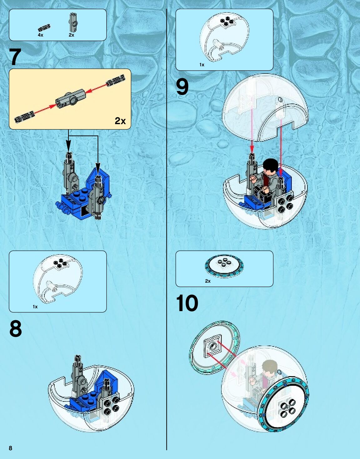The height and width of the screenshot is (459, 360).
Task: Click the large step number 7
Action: click(x=15, y=57)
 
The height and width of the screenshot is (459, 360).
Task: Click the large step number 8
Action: click(x=16, y=329)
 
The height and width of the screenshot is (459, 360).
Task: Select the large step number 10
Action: click(x=187, y=303)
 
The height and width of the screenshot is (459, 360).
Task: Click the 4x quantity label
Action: click(x=40, y=35)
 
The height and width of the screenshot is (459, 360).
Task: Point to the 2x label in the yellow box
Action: click(x=120, y=121)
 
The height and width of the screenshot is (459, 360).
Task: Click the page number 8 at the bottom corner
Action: click(x=11, y=448)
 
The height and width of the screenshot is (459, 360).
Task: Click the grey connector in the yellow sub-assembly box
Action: click(x=71, y=97)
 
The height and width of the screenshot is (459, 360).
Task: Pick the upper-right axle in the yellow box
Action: click(x=116, y=80)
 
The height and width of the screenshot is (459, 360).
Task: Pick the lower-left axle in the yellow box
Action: click(x=24, y=117)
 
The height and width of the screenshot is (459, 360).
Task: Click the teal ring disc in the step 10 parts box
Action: click(x=224, y=265)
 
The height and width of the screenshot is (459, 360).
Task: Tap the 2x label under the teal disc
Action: click(x=208, y=281)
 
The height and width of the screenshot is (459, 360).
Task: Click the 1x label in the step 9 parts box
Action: click(x=202, y=65)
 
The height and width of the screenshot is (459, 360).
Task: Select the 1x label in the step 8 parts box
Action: click(x=35, y=307)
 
